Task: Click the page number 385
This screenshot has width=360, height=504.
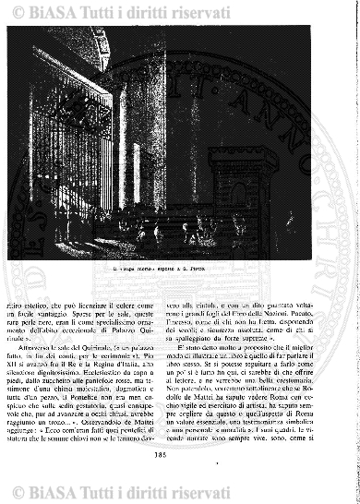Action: coord(179,477)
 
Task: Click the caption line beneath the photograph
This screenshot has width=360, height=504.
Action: coord(180,270)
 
